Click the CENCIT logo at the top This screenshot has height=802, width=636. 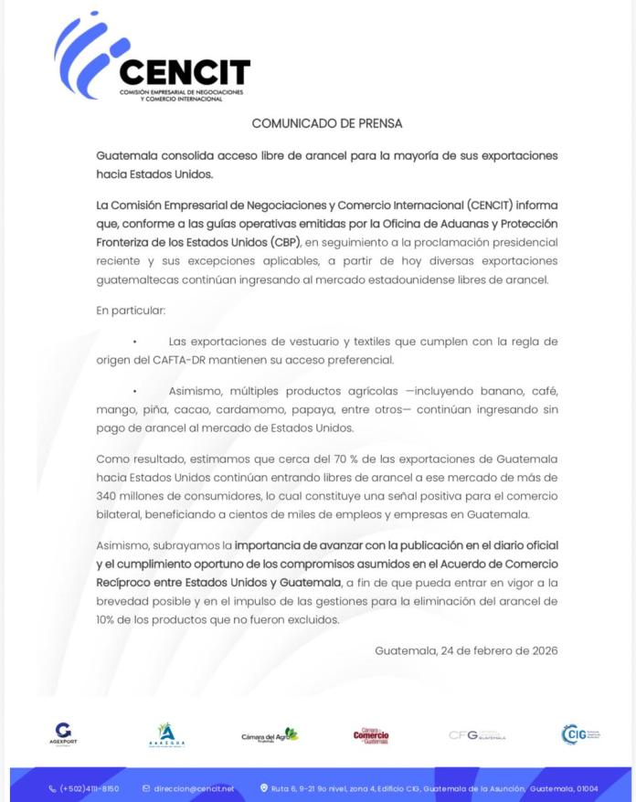(152, 60)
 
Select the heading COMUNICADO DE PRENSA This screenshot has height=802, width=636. (326, 123)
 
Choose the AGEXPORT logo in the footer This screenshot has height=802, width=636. (63, 733)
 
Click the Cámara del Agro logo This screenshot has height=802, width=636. (270, 734)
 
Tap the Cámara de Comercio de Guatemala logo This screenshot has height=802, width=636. (371, 735)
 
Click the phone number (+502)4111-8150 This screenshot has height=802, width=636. (89, 788)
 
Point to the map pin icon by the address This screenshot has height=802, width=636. (264, 788)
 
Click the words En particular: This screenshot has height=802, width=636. (131, 311)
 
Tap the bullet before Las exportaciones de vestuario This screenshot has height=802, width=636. (134, 342)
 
